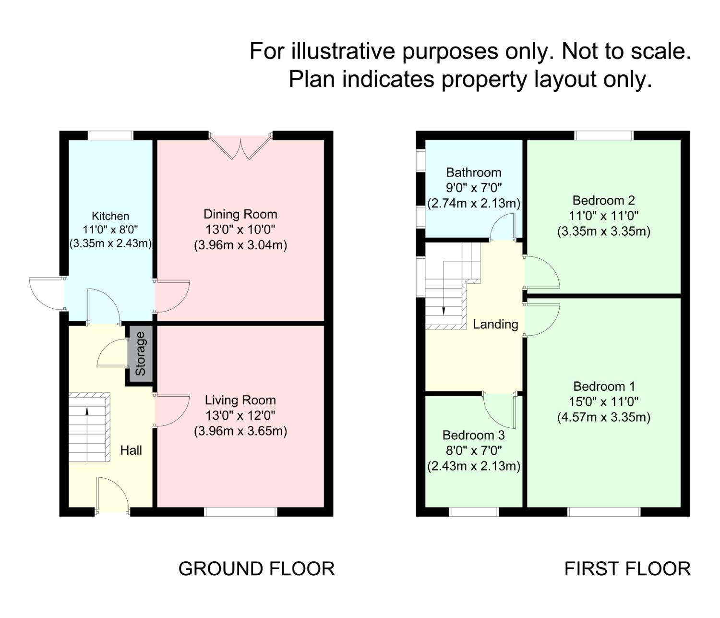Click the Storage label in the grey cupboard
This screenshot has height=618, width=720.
coord(140,354)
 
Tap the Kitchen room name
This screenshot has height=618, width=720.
coord(110,216)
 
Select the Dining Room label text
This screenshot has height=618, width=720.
coord(240,214)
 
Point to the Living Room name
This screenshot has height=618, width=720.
coord(240,400)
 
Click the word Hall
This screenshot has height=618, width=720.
coord(131,450)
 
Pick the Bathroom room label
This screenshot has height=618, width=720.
coord(474,172)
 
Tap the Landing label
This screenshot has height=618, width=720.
coord(495,325)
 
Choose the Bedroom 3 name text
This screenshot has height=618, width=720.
coord(474,436)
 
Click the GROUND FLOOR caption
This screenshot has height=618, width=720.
coord(256,569)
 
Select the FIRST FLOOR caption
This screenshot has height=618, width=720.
coord(627,569)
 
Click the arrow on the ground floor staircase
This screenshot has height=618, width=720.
coord(87,411)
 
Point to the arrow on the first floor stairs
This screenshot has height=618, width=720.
coord(444,310)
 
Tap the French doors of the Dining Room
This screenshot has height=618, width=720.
coord(241,147)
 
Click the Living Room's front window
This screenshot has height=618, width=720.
coord(241,512)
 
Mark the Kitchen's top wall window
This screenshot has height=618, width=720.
coord(110,135)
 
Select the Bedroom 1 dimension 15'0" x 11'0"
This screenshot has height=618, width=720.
coord(604,402)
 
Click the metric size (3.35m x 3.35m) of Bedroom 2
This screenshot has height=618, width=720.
coord(604,231)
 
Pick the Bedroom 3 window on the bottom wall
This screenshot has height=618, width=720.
coord(474,512)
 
